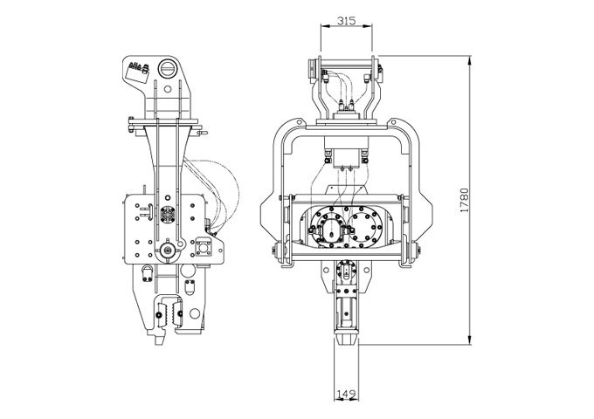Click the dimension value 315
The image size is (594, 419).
pos(346,20)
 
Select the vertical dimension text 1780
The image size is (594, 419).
pos(464,200)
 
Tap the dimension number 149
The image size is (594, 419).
pos(346,394)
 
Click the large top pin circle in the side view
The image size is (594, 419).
pos(167,68)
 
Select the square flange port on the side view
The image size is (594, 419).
pos(204,248)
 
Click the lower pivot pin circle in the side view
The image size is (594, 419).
pos(167,251)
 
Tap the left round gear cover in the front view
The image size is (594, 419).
pos(328,227)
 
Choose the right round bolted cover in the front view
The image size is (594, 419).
pos(364,227)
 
